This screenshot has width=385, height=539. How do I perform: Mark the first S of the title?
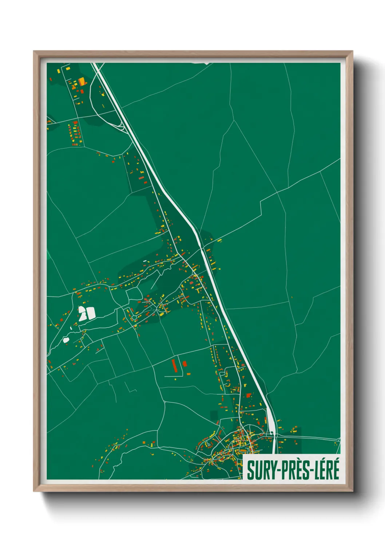tap(250, 470)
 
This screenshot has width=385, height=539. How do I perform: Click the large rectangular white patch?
tap(90, 313)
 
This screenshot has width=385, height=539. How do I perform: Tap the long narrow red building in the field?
tap(174, 365)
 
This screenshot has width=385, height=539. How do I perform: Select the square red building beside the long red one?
tap(184, 363)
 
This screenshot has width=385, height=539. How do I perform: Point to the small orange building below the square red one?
tap(188, 374)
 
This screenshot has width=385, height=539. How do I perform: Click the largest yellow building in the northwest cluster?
tap(82, 81)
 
